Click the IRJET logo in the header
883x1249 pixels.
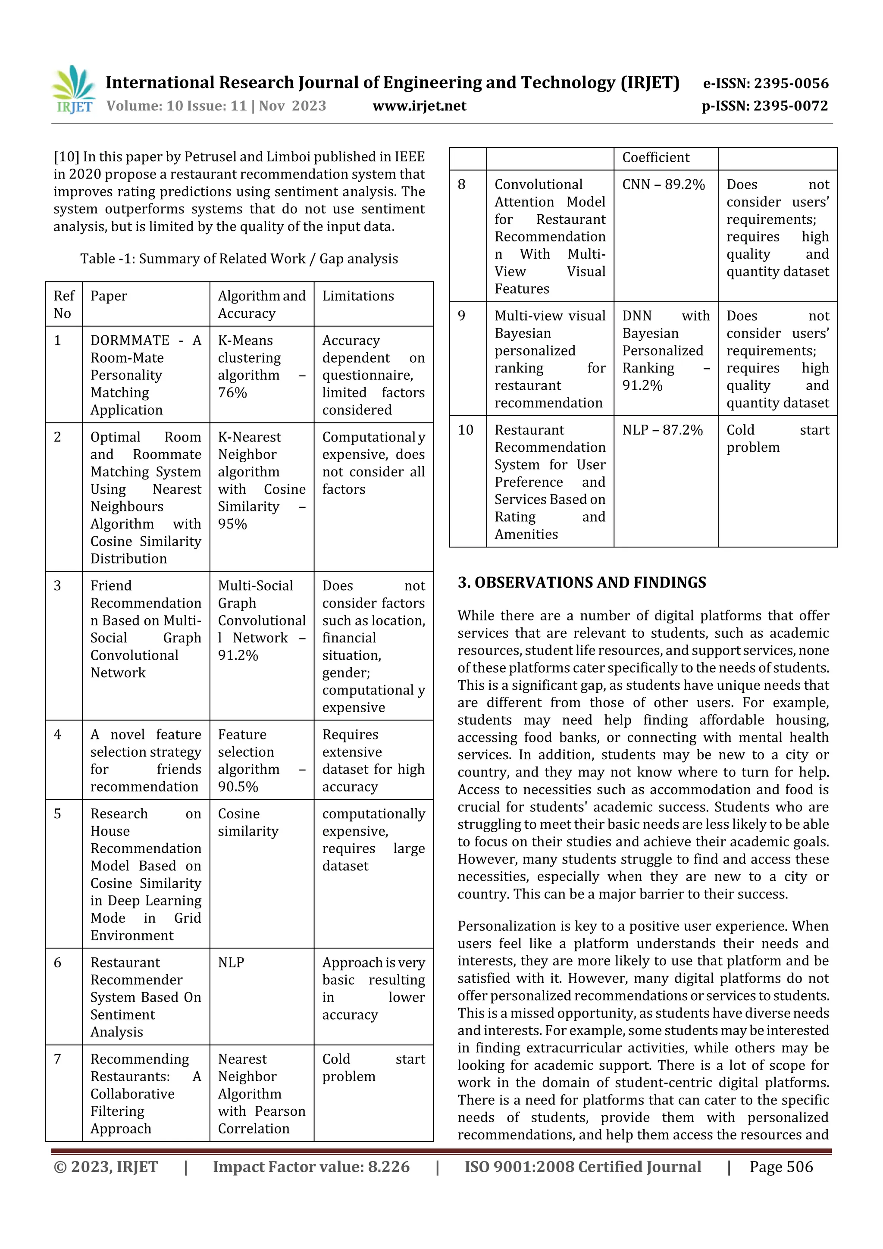click(73, 90)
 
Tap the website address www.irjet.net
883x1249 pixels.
click(419, 106)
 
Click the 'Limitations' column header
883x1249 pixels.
click(358, 296)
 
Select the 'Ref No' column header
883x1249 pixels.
click(64, 305)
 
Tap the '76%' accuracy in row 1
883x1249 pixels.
click(232, 393)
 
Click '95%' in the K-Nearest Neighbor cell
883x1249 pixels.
click(232, 524)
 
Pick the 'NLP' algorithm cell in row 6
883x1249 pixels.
click(231, 962)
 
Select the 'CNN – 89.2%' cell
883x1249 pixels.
click(663, 185)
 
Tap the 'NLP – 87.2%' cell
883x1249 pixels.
click(662, 430)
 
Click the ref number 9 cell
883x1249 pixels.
click(462, 316)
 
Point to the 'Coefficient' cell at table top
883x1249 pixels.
click(656, 158)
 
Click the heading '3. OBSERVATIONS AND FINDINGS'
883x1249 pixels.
click(582, 582)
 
